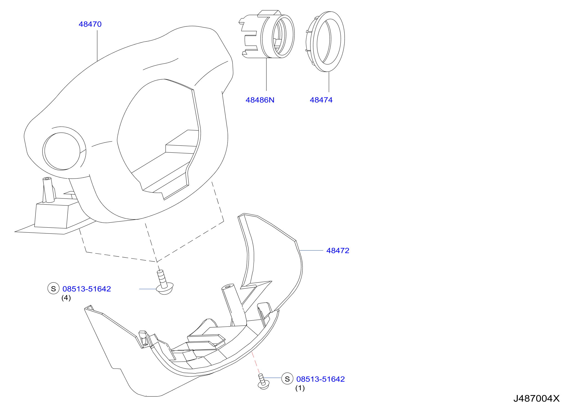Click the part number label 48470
90,24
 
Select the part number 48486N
260,100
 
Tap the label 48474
321,100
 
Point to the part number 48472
338,250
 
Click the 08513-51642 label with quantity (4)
87,289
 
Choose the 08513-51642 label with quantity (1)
320,379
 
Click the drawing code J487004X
536,398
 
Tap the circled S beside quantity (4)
53,288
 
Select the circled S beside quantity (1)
287,379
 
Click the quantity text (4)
66,298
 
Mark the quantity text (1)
300,388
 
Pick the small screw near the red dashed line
263,382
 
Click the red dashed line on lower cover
255,363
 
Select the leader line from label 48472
311,250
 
